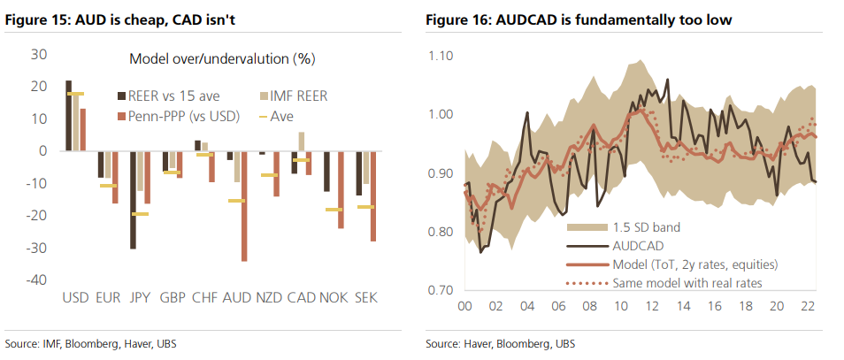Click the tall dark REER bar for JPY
133,199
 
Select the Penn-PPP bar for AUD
244,206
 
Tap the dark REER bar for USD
68,116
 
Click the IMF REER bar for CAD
301,142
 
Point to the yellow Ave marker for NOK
333,210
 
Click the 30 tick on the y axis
39,54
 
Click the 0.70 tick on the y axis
441,289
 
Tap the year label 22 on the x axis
807,308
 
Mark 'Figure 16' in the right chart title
457,19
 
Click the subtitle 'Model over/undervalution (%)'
222,59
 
